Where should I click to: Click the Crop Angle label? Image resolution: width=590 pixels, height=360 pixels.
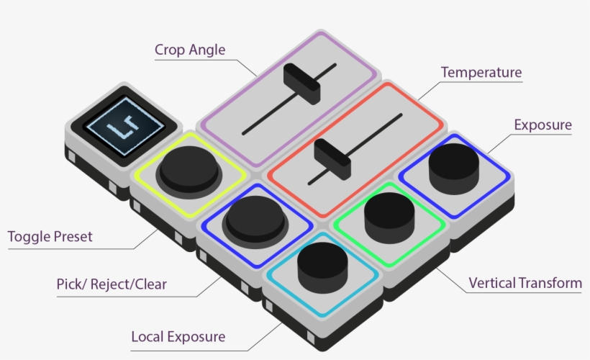tap(190, 50)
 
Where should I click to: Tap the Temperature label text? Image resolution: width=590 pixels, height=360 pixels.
tap(481, 73)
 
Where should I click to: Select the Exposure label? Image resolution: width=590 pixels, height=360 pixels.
tap(543, 125)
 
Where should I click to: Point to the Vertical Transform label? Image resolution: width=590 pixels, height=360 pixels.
tap(525, 283)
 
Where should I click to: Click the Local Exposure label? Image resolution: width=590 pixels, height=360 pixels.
tap(178, 336)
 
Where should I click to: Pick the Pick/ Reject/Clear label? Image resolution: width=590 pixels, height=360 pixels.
tap(112, 284)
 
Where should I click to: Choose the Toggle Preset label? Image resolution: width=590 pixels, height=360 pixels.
tap(50, 236)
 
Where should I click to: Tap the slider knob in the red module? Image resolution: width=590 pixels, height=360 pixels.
tap(332, 154)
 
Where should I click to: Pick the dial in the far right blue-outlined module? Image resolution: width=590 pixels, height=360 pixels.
tap(453, 163)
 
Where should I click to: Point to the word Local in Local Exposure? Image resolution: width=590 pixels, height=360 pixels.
tap(146, 336)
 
